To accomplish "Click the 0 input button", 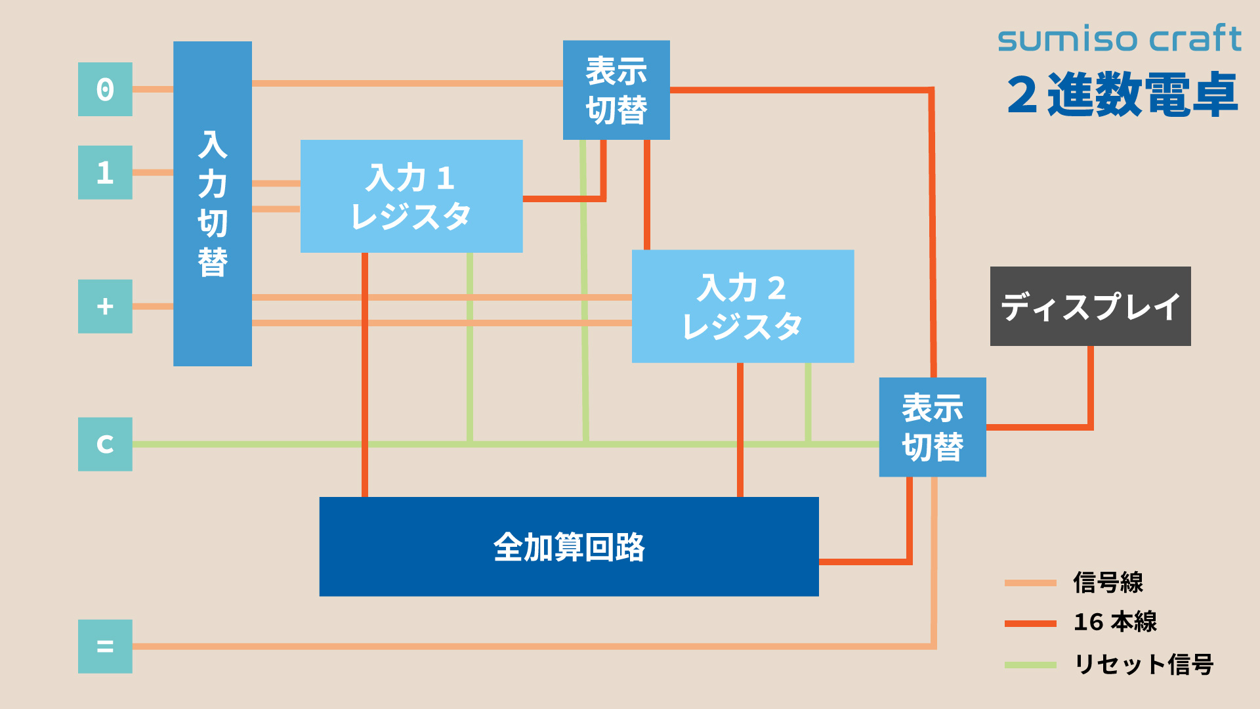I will point(105,89).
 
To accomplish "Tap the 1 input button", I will point(105,173).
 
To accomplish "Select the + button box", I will point(105,307).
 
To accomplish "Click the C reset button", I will point(105,444).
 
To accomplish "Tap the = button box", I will point(105,647).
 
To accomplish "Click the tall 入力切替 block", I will point(213,204).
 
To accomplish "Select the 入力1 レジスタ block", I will point(411,196).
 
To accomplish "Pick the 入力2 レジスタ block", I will point(743,307).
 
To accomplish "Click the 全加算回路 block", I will point(569,547).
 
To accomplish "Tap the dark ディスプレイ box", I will point(1090,307).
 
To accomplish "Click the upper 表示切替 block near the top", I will point(616,90).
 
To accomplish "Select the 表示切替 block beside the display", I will point(933,427).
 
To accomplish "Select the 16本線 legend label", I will point(1115,622).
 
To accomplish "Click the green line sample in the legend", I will point(1030,665).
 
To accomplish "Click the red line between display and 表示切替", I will point(1090,394).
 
